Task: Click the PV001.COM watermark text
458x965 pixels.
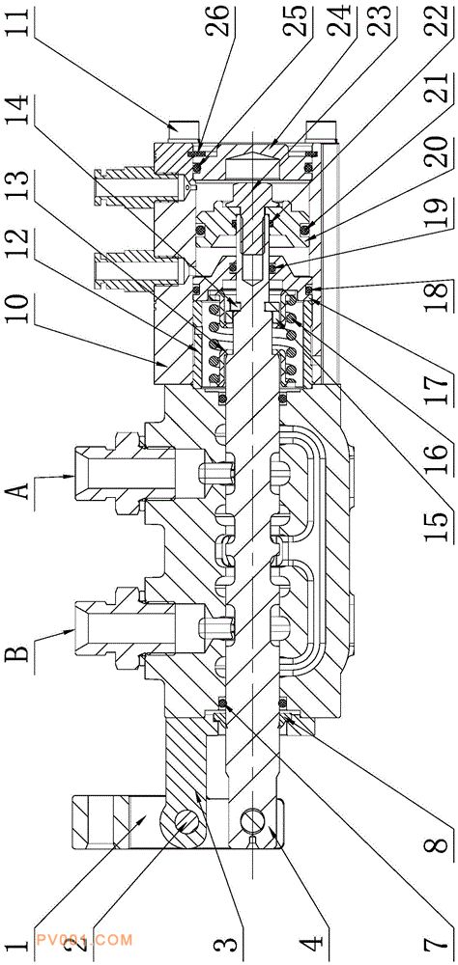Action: click(x=84, y=940)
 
